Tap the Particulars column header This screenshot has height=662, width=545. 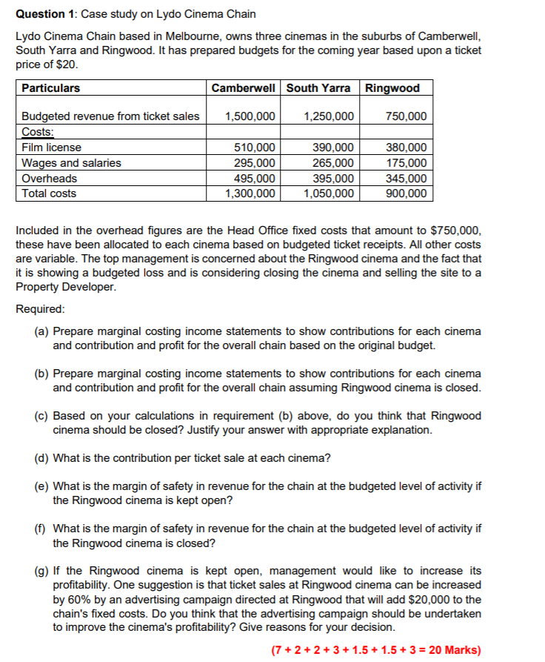point(50,88)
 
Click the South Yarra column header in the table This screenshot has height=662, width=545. point(318,88)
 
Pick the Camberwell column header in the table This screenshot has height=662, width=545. point(243,88)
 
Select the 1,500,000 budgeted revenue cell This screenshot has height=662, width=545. point(250,116)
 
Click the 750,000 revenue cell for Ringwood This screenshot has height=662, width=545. point(406,116)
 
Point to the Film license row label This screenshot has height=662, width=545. point(51,148)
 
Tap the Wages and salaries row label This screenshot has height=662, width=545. point(71,163)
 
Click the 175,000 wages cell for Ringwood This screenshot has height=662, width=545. point(406,163)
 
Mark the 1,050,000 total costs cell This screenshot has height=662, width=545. point(329,193)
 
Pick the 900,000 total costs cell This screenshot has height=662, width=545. point(406,193)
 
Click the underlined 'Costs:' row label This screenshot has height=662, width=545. point(38,132)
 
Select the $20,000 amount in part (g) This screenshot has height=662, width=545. point(432,600)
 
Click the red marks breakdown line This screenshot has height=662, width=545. point(376,649)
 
